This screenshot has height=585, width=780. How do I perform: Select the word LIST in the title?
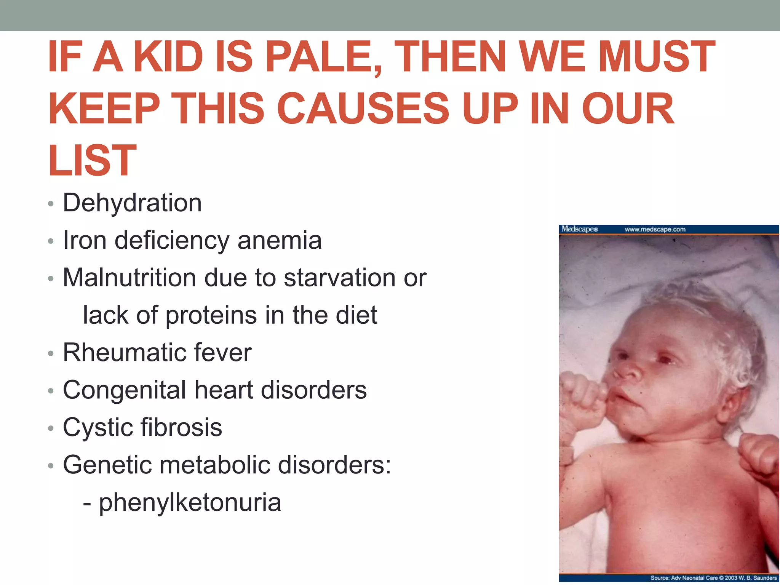(92, 161)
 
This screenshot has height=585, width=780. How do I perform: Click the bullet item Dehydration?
(132, 203)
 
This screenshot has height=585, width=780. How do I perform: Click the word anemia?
(280, 240)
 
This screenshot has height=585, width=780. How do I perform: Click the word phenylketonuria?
(190, 502)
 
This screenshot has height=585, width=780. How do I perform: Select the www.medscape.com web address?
(655, 229)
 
